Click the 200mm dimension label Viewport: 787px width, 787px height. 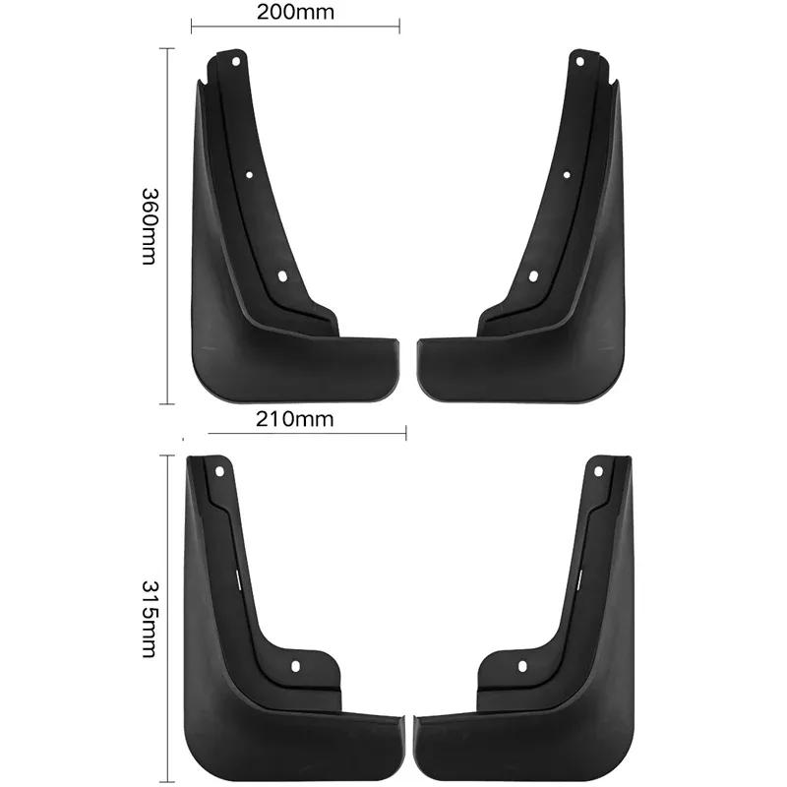(295, 13)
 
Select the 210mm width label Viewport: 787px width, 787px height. (295, 420)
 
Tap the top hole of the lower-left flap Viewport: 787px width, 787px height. (219, 471)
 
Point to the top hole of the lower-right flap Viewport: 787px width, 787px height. (597, 471)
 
